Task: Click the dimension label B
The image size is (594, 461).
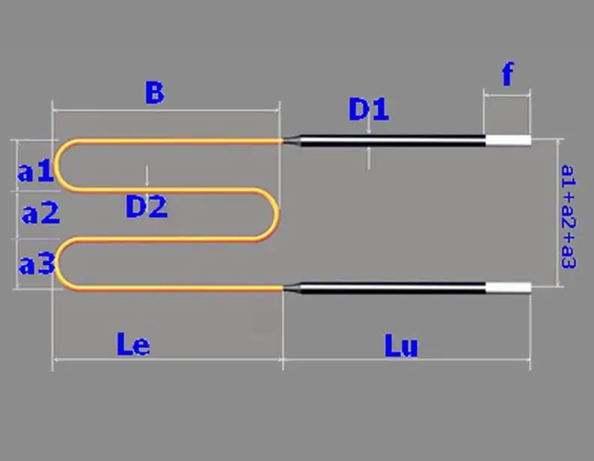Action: [155, 93]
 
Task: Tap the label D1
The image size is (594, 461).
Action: [369, 109]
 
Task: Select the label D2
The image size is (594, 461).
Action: [146, 207]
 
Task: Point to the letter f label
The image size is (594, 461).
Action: [508, 74]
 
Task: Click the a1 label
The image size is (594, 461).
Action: [36, 171]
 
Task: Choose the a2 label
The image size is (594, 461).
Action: [40, 213]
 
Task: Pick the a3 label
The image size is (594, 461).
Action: [37, 264]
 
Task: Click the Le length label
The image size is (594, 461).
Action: [132, 344]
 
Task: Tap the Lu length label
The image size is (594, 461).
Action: [401, 345]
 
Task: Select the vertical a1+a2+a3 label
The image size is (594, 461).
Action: [569, 217]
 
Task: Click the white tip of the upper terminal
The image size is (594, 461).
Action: [509, 140]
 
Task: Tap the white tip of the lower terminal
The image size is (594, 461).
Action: [509, 287]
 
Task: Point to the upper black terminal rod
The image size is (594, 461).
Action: [393, 141]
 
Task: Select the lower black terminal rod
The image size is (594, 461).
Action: [393, 287]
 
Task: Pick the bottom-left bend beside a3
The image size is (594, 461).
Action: [58, 263]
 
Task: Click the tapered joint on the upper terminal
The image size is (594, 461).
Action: [291, 141]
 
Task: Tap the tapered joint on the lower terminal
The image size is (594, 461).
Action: [291, 287]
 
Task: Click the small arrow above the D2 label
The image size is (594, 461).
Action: [147, 176]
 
